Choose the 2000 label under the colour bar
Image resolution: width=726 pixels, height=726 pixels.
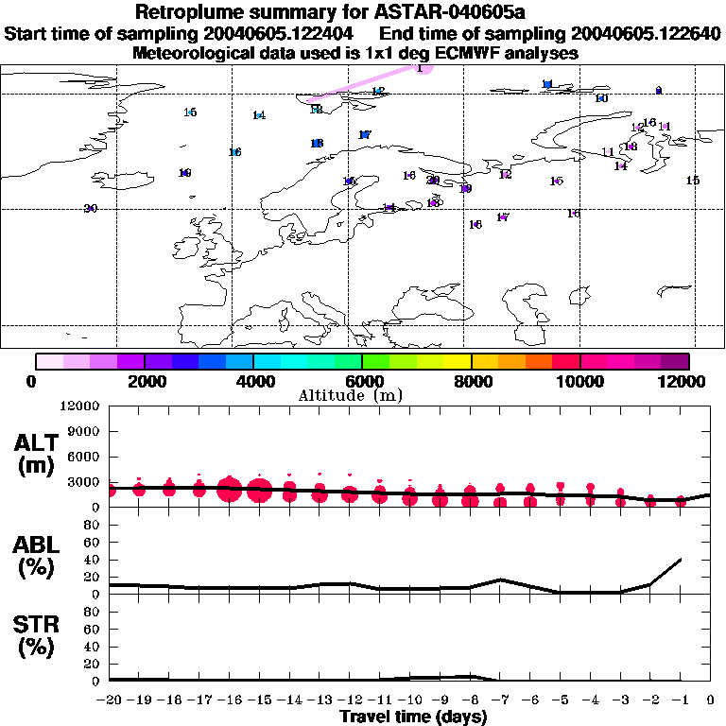tap(144, 381)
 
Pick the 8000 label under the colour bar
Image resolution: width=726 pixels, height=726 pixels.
tap(471, 381)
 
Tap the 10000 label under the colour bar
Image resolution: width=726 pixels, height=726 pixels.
tap(579, 381)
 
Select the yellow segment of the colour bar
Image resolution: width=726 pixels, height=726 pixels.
tap(458, 361)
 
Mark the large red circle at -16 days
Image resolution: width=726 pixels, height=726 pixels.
tap(229, 491)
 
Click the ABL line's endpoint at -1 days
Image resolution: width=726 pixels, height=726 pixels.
tap(681, 559)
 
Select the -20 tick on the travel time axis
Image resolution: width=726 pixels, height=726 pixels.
tap(110, 700)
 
